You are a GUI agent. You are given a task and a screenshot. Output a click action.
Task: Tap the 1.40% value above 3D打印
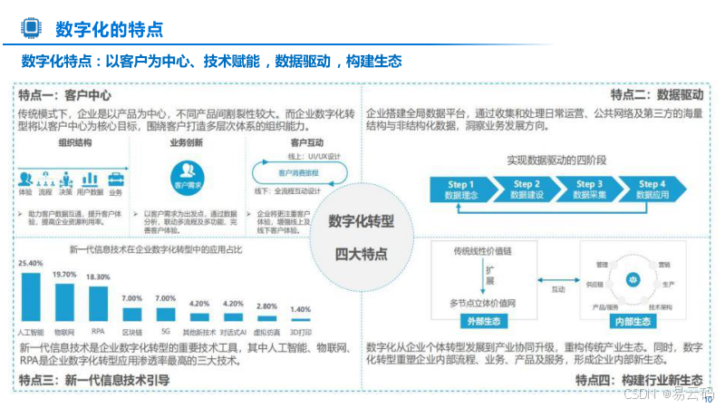point(299,309)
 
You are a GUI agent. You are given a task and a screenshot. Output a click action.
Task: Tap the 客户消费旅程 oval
point(299,172)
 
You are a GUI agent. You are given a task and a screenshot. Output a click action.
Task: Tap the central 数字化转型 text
point(361,220)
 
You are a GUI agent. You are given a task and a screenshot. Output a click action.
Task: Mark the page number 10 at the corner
point(708,397)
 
